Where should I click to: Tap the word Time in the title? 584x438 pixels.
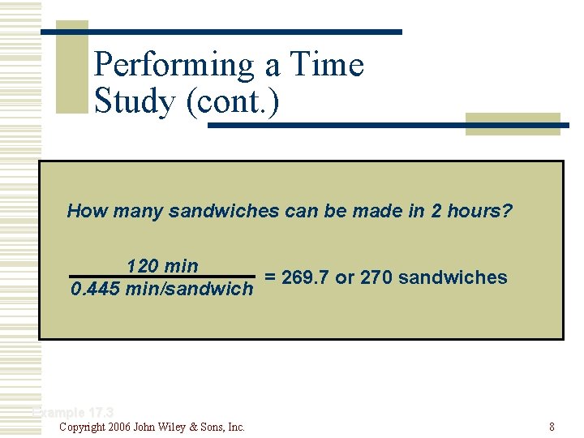coord(333,66)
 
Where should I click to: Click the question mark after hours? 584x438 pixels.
coord(508,212)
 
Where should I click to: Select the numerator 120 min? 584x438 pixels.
coord(161,266)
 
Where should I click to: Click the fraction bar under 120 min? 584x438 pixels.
coord(162,277)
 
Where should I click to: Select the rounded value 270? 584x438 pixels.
coord(376,277)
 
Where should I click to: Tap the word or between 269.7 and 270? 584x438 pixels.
coord(344,277)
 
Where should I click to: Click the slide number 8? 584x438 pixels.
coord(552,427)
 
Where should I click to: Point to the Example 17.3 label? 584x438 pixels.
coord(73,413)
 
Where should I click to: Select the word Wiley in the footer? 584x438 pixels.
coord(178,427)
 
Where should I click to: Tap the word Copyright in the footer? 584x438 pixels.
coord(82,427)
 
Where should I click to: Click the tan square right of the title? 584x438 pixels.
coord(512,123)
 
